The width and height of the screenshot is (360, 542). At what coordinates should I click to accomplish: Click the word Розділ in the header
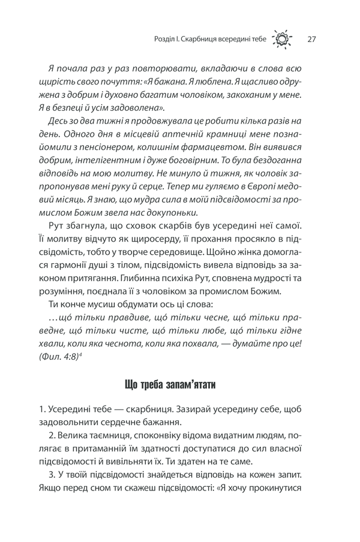[166, 41]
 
